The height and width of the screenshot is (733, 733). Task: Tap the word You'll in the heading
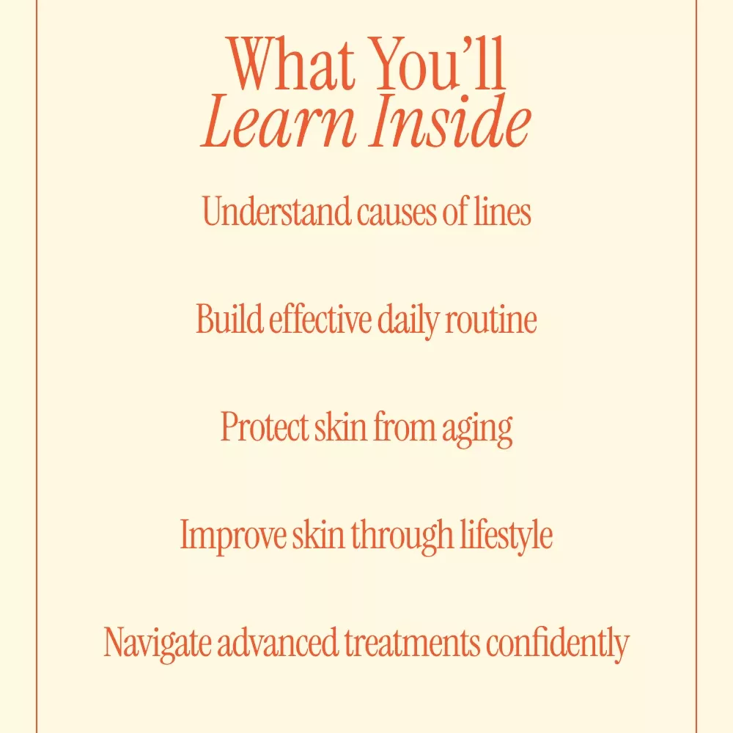tap(440, 63)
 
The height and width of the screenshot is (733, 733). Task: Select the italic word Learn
tap(279, 122)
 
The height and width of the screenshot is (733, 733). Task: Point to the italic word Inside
tap(451, 121)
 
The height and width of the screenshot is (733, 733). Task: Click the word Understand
tap(276, 211)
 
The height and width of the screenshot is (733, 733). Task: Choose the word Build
tap(229, 318)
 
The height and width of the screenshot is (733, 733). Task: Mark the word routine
tap(491, 320)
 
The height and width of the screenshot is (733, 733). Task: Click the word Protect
tap(265, 427)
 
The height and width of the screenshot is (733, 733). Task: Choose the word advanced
tap(277, 642)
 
